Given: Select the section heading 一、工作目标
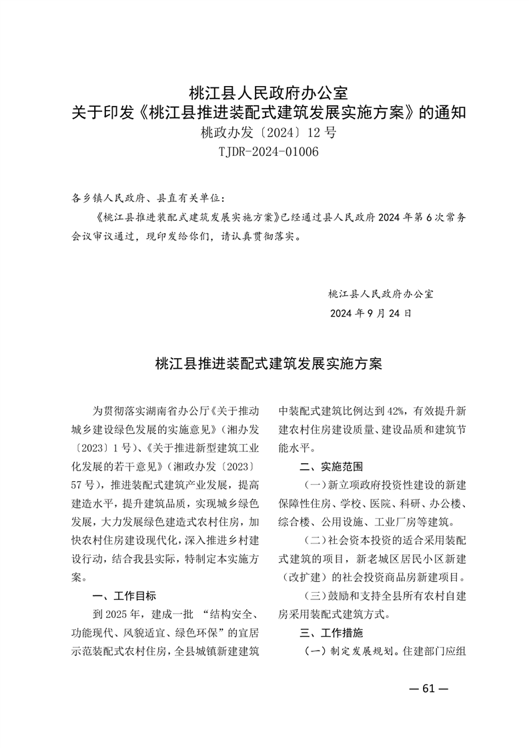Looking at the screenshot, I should [x=122, y=595].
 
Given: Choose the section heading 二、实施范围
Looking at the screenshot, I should [x=332, y=465].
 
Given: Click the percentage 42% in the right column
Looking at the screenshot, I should [x=395, y=410].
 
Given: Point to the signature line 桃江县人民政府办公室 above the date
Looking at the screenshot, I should [x=381, y=293].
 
